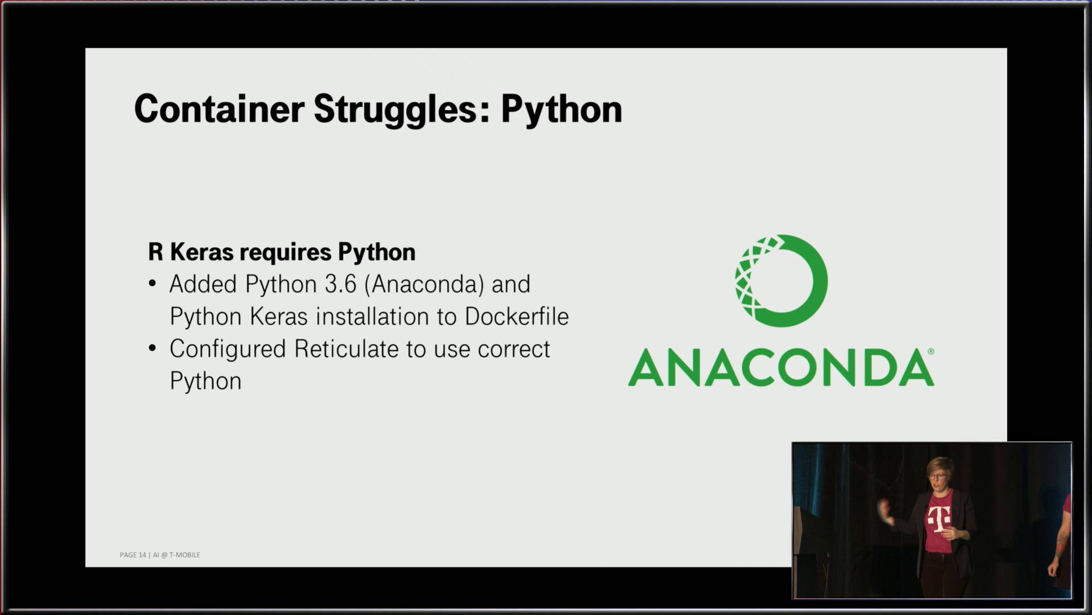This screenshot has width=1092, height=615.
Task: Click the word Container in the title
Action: tap(219, 109)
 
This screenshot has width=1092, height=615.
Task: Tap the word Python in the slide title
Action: tap(561, 110)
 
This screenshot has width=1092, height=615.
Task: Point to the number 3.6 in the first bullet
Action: tap(341, 284)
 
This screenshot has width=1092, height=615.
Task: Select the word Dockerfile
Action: tap(516, 317)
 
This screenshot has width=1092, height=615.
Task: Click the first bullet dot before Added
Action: tap(152, 284)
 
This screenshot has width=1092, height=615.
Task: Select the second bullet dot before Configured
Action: tap(152, 348)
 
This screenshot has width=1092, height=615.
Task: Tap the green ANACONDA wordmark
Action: tap(780, 368)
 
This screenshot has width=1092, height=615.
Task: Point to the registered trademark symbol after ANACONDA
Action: tap(930, 351)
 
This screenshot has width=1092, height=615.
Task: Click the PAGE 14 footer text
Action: tap(133, 555)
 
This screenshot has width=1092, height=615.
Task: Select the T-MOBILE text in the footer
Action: tap(184, 555)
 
